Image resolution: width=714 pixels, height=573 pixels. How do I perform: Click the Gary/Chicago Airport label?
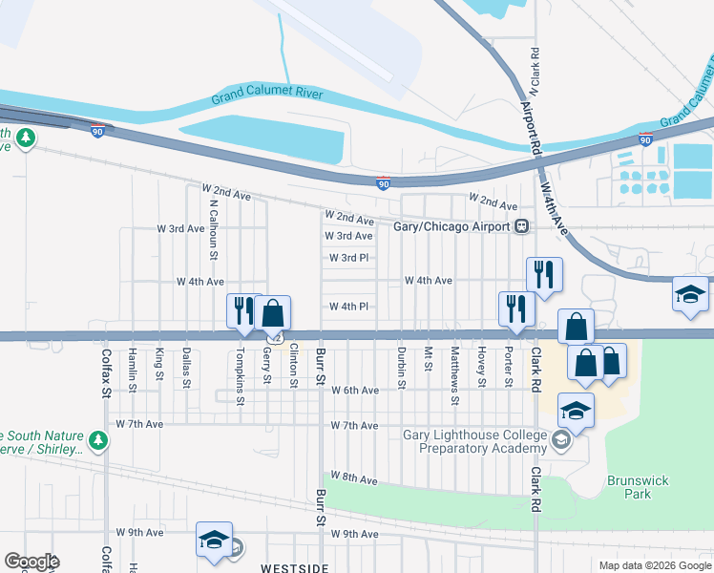click(x=452, y=227)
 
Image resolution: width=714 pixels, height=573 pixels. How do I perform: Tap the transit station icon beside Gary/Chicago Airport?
click(x=521, y=227)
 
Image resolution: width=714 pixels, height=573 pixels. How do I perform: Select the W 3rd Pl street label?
click(x=347, y=258)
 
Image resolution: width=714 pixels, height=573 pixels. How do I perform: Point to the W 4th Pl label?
click(x=347, y=307)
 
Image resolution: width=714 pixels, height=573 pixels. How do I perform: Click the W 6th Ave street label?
click(x=354, y=391)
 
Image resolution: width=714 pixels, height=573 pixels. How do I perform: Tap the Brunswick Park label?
click(x=630, y=487)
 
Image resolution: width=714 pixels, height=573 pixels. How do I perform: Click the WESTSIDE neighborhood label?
click(x=295, y=567)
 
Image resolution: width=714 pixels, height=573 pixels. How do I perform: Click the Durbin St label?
click(x=402, y=367)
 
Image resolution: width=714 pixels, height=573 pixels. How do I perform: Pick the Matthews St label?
click(x=455, y=368)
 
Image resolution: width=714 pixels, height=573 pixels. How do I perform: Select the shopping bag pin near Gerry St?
click(x=272, y=311)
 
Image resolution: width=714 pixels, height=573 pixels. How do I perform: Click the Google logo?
click(x=31, y=562)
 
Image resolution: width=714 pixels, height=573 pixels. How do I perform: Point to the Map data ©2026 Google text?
click(x=655, y=565)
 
